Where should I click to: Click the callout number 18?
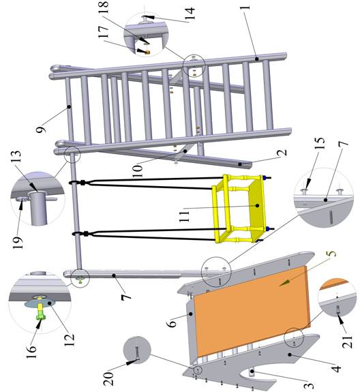pos(104,7)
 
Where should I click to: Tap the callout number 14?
pos(190,14)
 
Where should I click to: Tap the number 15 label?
pos(320,143)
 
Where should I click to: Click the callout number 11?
pos(185,216)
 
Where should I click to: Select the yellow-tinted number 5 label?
pos(331,253)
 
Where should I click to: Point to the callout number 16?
pos(31,352)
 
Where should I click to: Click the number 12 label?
pos(70,340)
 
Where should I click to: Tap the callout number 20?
pos(108,378)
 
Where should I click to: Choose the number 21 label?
pos(347,342)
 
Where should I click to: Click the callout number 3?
pos(309,386)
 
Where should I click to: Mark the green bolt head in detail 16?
pos(41,317)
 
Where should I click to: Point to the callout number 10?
pos(138,171)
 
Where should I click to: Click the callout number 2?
pos(282,153)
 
